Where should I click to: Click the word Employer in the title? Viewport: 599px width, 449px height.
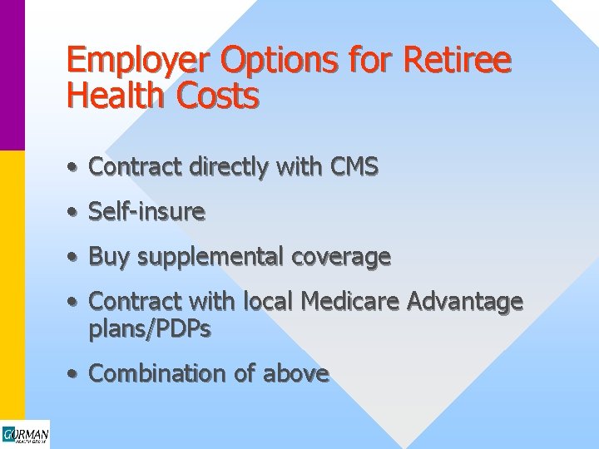pyautogui.click(x=137, y=62)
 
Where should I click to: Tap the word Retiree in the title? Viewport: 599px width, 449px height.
pyautogui.click(x=458, y=60)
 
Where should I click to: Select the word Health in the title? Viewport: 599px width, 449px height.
pyautogui.click(x=116, y=97)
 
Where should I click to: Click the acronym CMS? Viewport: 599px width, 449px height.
pyautogui.click(x=353, y=167)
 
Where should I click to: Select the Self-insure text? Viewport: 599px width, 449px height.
pyautogui.click(x=146, y=212)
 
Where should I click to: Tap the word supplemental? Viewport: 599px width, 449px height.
pyautogui.click(x=211, y=258)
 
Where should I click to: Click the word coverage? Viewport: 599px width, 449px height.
pyautogui.click(x=341, y=257)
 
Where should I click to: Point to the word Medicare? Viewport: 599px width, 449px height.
pyautogui.click(x=349, y=301)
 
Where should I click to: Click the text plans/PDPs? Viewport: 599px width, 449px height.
pyautogui.click(x=150, y=329)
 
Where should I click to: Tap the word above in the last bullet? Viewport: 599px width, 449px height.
pyautogui.click(x=295, y=374)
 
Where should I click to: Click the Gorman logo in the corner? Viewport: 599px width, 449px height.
pyautogui.click(x=25, y=435)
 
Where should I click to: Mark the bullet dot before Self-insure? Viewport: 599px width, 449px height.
pyautogui.click(x=74, y=214)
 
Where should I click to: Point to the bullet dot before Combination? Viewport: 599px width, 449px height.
pyautogui.click(x=74, y=375)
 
